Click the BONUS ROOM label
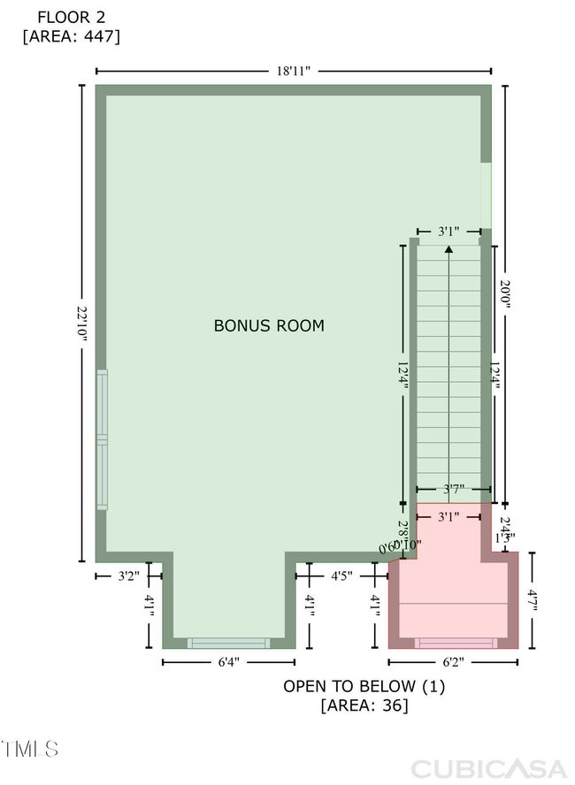click(x=269, y=325)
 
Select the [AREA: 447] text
click(x=71, y=36)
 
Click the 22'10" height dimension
click(x=82, y=324)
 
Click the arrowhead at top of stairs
click(x=449, y=249)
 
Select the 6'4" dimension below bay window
click(x=228, y=661)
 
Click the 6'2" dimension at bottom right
click(x=453, y=661)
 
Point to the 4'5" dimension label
click(x=342, y=576)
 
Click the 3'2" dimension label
click(x=129, y=576)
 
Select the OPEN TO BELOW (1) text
click(x=364, y=686)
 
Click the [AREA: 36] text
click(x=364, y=705)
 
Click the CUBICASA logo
click(x=488, y=767)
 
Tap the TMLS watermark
click(x=30, y=750)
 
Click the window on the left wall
click(x=103, y=439)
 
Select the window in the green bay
click(x=228, y=643)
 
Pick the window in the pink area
click(x=456, y=643)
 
